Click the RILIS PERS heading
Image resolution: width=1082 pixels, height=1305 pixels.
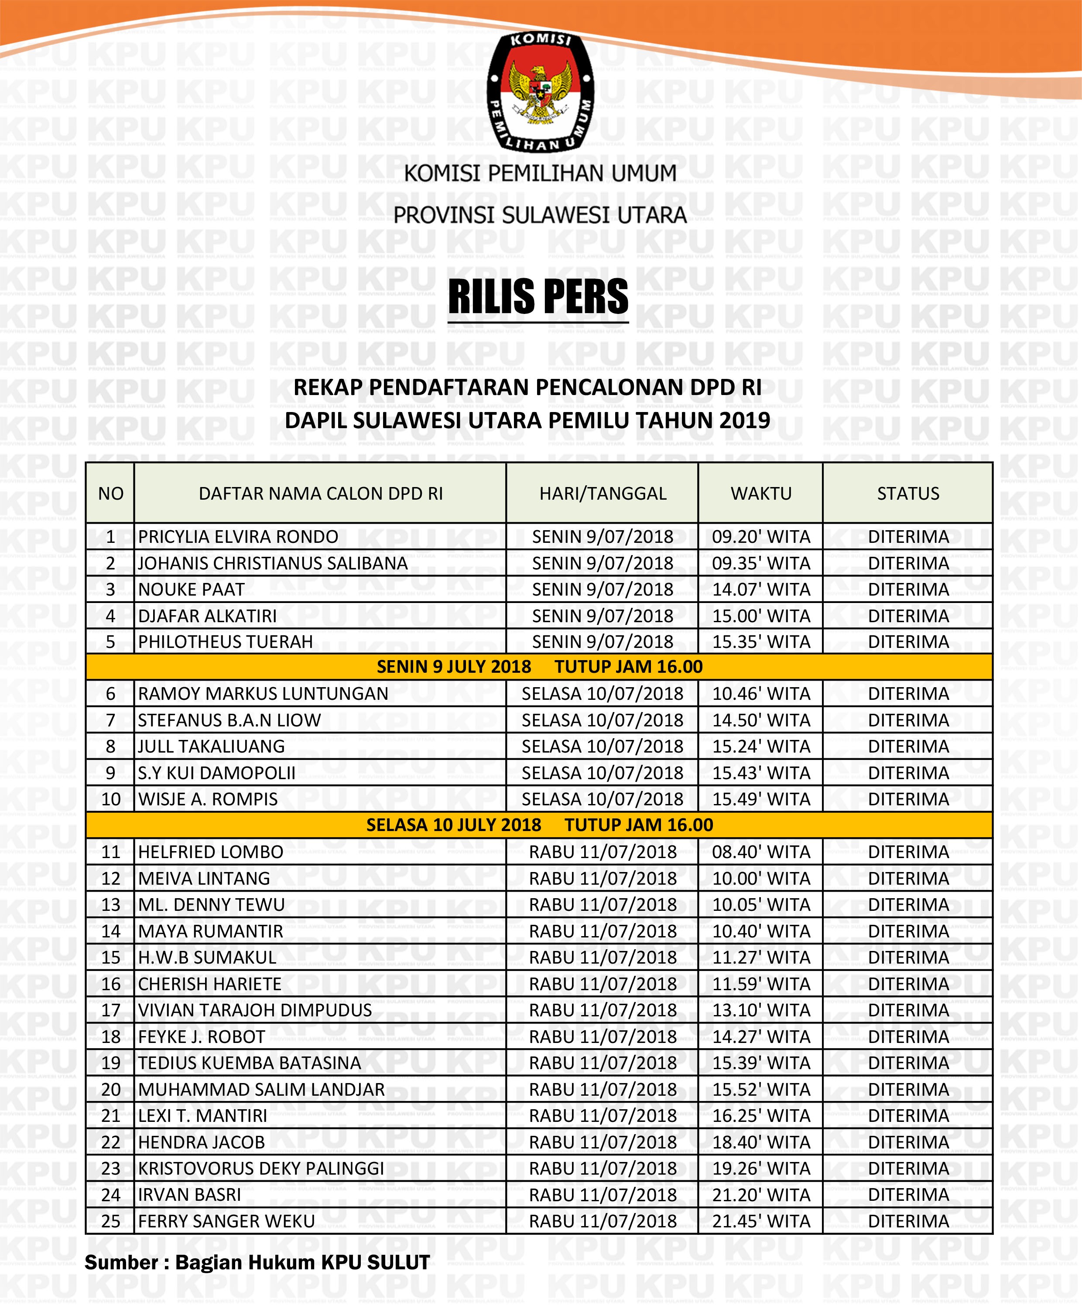click(538, 296)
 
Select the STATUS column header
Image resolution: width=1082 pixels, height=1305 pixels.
click(908, 494)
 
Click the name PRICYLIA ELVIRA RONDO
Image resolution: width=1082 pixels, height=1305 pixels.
click(238, 536)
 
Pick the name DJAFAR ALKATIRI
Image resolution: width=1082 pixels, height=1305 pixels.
click(207, 616)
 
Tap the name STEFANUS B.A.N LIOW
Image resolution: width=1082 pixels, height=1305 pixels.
click(229, 720)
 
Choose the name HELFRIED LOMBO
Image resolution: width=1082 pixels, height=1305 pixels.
click(211, 852)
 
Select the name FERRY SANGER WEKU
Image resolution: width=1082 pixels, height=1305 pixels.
click(226, 1221)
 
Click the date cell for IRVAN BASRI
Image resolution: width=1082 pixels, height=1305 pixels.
click(602, 1195)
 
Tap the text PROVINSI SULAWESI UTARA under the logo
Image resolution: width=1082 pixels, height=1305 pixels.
click(540, 215)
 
